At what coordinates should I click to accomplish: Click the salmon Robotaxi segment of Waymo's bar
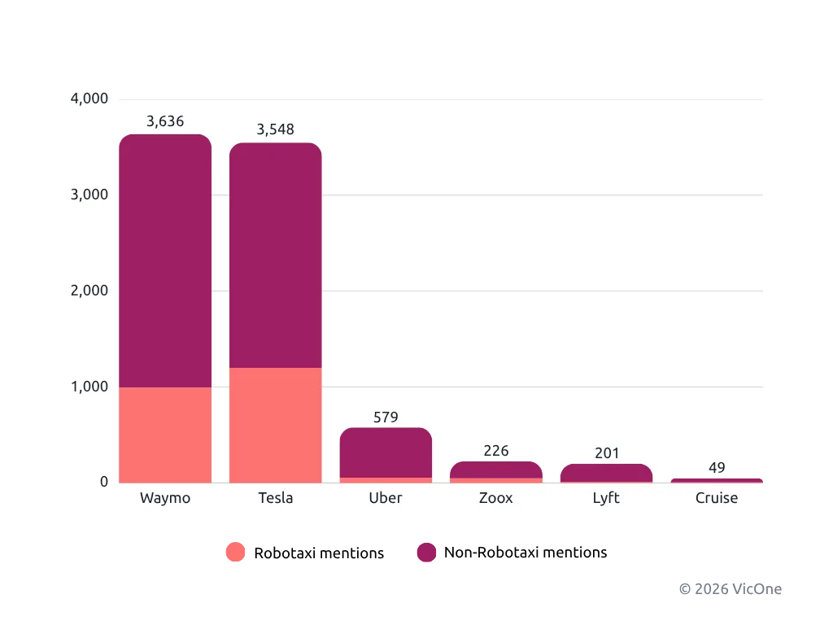165,435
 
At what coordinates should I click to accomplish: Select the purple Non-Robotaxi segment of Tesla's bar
275,255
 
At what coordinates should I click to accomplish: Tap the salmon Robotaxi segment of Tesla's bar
275,425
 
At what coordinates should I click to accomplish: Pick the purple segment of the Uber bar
386,452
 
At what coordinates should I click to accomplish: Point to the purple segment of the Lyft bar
606,473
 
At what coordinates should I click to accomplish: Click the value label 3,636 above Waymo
165,121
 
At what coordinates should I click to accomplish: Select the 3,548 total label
275,129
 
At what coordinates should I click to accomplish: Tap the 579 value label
386,417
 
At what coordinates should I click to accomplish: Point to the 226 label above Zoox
496,451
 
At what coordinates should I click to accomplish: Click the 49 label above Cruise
717,468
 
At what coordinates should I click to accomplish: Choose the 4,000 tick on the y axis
89,98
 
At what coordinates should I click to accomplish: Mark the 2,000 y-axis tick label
89,291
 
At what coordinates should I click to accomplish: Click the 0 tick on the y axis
104,482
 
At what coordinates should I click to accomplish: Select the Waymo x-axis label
165,498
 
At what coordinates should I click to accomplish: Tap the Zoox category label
496,498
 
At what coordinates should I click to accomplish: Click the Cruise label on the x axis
717,498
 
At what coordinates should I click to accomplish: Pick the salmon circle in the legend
235,553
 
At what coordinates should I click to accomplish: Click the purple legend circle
426,553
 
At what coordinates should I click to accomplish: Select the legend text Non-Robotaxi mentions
526,553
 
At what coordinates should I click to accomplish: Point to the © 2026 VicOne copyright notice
731,589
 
